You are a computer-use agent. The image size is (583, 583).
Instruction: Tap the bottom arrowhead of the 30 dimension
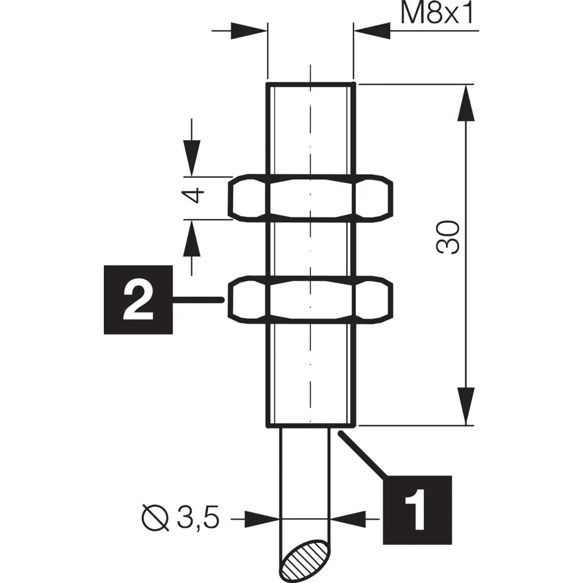point(466,407)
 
